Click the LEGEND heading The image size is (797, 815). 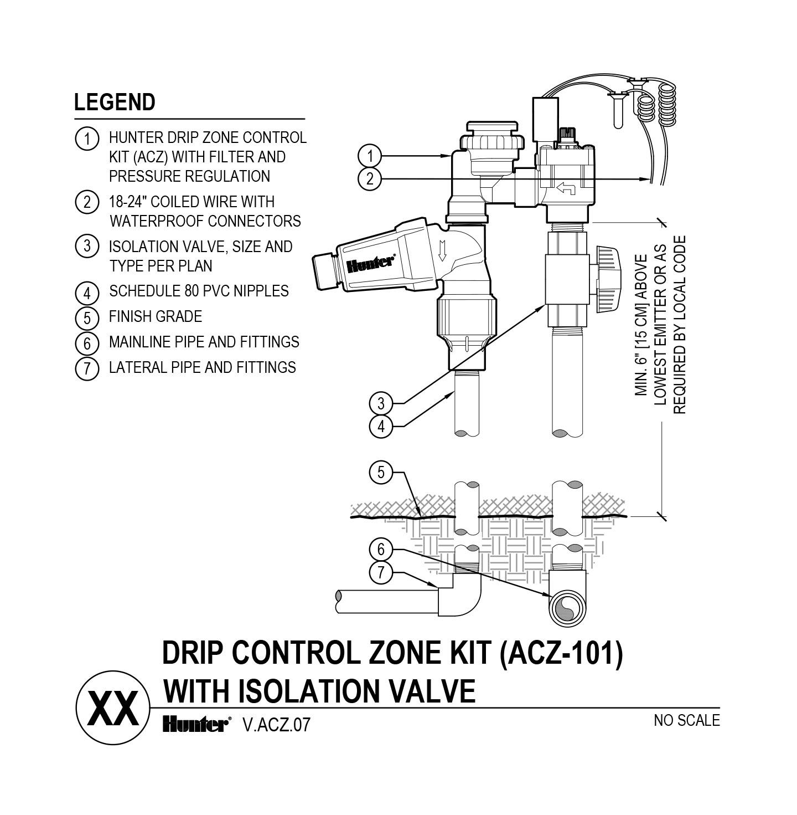[x=115, y=102]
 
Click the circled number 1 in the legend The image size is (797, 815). [x=86, y=139]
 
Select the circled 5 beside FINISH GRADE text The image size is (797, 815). [x=86, y=317]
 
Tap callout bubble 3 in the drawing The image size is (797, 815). [x=381, y=403]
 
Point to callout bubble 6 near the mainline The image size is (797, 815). [x=381, y=550]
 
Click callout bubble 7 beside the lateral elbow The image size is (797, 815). [x=381, y=573]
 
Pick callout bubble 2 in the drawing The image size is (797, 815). [x=369, y=178]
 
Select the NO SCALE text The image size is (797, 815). [x=686, y=720]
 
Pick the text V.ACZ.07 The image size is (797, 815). [x=277, y=725]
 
